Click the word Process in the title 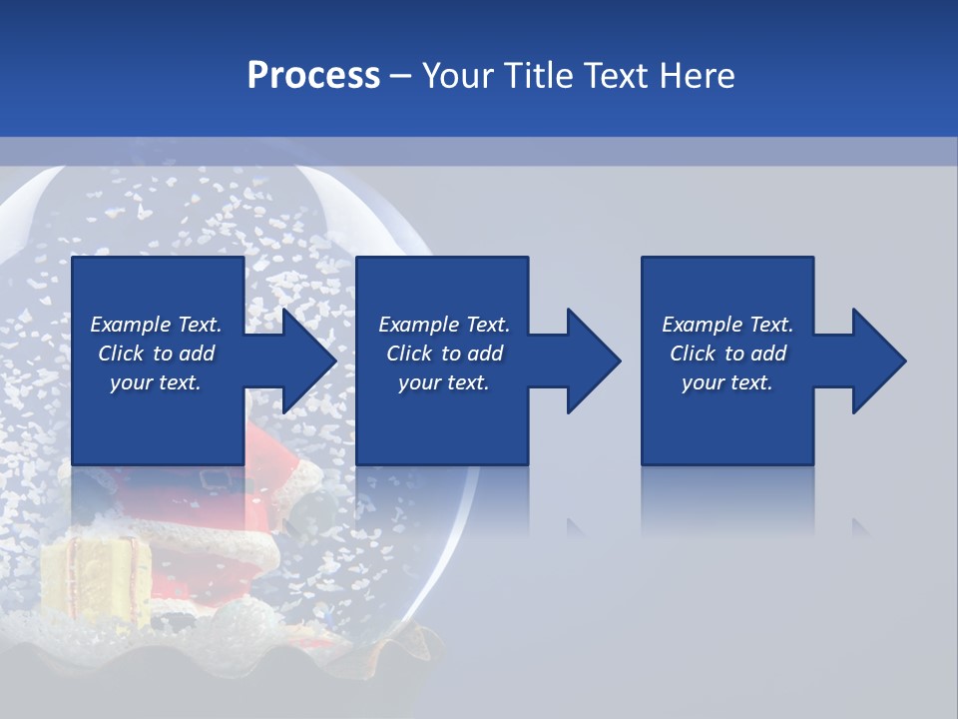(313, 76)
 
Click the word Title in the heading (536, 76)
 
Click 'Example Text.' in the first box (156, 325)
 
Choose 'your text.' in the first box (156, 382)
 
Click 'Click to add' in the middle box (444, 354)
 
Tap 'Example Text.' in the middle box (444, 325)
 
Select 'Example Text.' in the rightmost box (727, 325)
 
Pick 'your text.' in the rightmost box (727, 382)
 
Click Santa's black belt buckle (215, 478)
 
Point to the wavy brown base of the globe (249, 664)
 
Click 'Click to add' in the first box (156, 354)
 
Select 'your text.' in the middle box (444, 382)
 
